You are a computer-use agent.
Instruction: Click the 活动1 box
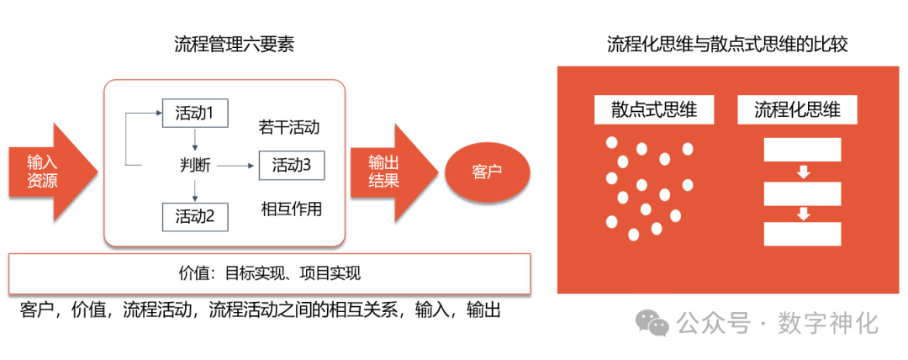pyautogui.click(x=194, y=113)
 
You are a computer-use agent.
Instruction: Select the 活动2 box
pyautogui.click(x=194, y=216)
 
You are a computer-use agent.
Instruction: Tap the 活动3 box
pyautogui.click(x=291, y=166)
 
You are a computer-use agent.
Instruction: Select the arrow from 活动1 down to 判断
pyautogui.click(x=194, y=139)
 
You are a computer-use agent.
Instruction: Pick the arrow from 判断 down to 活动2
pyautogui.click(x=194, y=190)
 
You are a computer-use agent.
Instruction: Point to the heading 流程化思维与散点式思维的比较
pyautogui.click(x=727, y=44)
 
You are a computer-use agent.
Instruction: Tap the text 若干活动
pyautogui.click(x=290, y=128)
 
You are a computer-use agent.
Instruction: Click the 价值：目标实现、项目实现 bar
pyautogui.click(x=269, y=273)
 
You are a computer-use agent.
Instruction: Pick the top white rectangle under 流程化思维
pyautogui.click(x=802, y=149)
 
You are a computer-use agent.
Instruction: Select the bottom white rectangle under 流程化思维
pyautogui.click(x=802, y=234)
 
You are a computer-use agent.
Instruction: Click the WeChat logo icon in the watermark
pyautogui.click(x=652, y=324)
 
